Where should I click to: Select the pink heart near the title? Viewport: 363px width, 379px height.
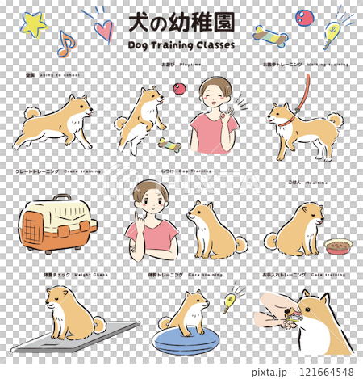(102, 31)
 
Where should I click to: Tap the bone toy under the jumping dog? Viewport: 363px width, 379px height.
(171, 145)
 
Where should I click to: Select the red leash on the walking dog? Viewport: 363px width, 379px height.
(305, 97)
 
